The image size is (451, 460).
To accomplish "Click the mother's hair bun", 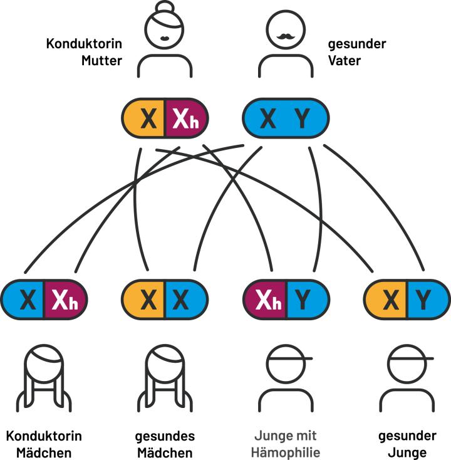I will pyautogui.click(x=165, y=8).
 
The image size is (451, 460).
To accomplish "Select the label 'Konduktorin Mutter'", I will pyautogui.click(x=84, y=52).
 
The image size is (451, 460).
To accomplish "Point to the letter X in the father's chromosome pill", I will pyautogui.click(x=267, y=118).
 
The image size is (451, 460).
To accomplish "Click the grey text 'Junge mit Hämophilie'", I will pyautogui.click(x=285, y=444).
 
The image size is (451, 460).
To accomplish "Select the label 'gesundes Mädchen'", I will pyautogui.click(x=165, y=444).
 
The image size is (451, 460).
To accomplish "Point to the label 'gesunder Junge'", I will pyautogui.click(x=407, y=444).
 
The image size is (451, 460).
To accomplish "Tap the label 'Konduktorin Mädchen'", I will pyautogui.click(x=43, y=444).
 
